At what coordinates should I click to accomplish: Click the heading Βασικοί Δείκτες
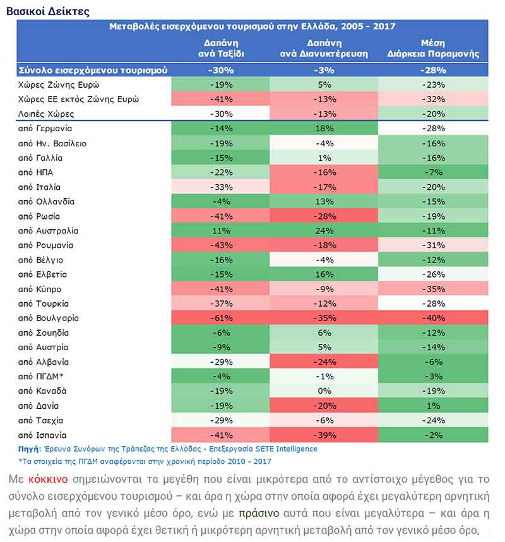pyautogui.click(x=47, y=11)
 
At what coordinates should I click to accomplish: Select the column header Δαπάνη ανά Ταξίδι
pyautogui.click(x=221, y=49)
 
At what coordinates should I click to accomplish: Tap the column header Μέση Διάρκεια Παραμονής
pyautogui.click(x=433, y=49)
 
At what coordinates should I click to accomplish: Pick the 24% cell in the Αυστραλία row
pyautogui.click(x=324, y=231)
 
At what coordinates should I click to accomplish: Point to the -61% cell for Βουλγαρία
pyautogui.click(x=220, y=318)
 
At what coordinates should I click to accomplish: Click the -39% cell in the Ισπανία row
pyautogui.click(x=324, y=435)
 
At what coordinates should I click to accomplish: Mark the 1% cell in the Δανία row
pyautogui.click(x=433, y=406)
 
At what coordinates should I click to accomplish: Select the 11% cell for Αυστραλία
pyautogui.click(x=220, y=231)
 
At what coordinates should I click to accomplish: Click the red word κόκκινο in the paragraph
pyautogui.click(x=48, y=480)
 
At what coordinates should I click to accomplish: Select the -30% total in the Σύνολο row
pyautogui.click(x=220, y=70)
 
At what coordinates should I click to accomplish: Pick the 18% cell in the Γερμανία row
pyautogui.click(x=324, y=129)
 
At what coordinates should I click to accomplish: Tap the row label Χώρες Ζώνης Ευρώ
pyautogui.click(x=59, y=85)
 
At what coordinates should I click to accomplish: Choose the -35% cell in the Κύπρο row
pyautogui.click(x=433, y=289)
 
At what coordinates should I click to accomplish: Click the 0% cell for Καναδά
pyautogui.click(x=324, y=391)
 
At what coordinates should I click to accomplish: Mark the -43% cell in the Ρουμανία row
pyautogui.click(x=220, y=245)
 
